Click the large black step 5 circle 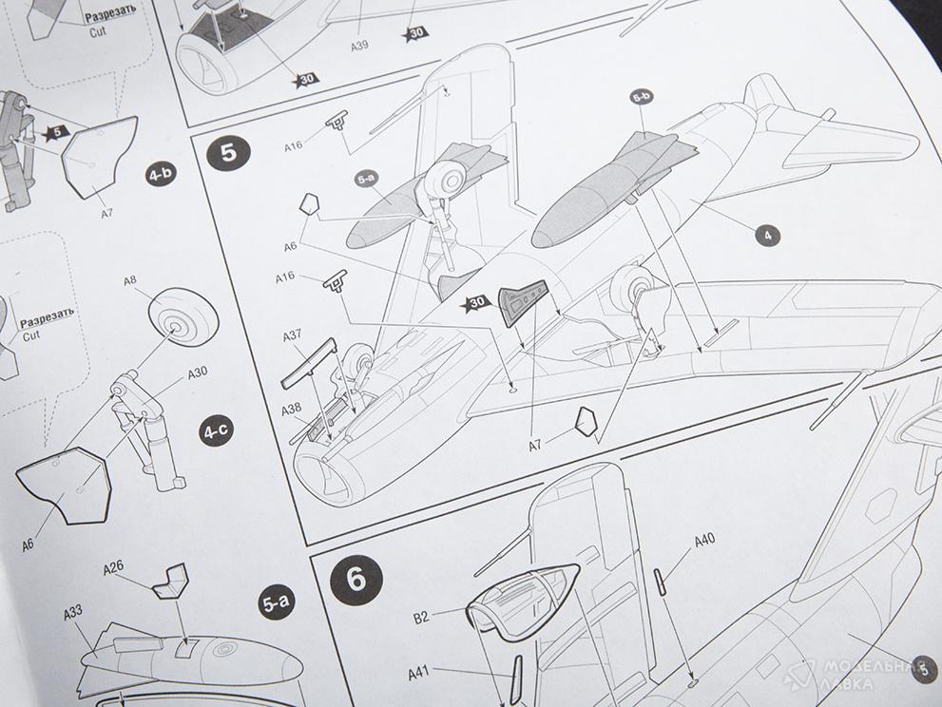(x=229, y=153)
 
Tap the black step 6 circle (x=356, y=579)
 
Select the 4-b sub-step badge (x=161, y=175)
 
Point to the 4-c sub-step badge (x=215, y=431)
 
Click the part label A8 (x=130, y=280)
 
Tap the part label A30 (x=198, y=373)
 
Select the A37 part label (x=292, y=334)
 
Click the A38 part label (x=292, y=410)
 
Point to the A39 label (x=359, y=46)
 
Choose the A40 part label (x=704, y=540)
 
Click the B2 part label (x=421, y=617)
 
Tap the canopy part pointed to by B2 (x=521, y=602)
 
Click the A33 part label (x=72, y=613)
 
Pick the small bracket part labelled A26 (x=171, y=581)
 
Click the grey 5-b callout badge (x=642, y=96)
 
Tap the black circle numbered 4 (x=767, y=236)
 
